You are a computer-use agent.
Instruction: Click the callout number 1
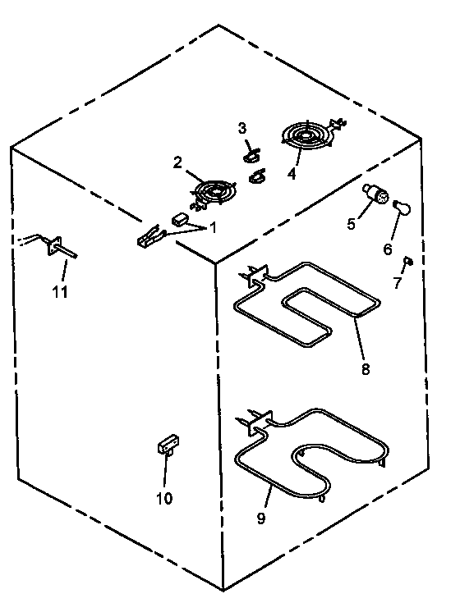coord(213,227)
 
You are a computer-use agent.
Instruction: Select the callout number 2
coord(177,162)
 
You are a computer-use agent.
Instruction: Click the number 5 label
coord(352,223)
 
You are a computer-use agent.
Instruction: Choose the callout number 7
coord(398,283)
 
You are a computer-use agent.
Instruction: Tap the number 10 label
coord(164,498)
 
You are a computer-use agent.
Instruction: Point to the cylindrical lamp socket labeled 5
coord(377,194)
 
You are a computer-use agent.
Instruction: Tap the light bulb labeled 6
coord(400,206)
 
